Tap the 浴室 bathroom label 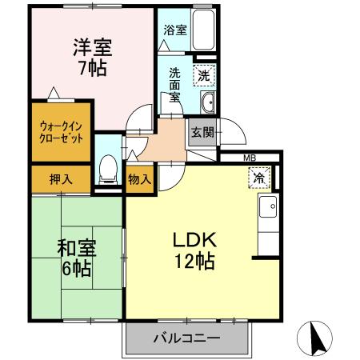pyautogui.click(x=175, y=30)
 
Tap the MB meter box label pyautogui.click(x=250, y=158)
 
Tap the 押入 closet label pyautogui.click(x=61, y=178)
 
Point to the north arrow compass pyautogui.click(x=318, y=336)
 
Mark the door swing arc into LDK pyautogui.click(x=169, y=176)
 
